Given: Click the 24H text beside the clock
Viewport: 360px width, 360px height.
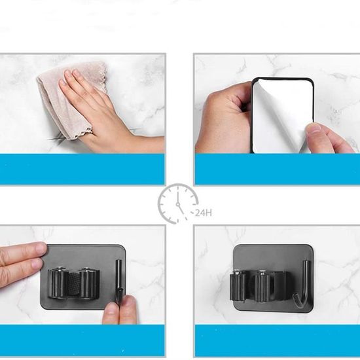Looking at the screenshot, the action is point(204,213).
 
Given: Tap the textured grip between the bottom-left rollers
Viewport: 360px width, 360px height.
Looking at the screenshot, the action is point(74,284).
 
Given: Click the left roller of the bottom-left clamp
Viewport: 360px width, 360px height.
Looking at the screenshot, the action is point(58,283).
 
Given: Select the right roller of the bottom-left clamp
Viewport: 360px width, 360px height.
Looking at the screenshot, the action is point(89,283).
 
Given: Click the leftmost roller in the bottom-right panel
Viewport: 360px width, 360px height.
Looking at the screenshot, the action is point(237,285).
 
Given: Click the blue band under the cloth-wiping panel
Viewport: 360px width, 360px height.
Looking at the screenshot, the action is point(82,170).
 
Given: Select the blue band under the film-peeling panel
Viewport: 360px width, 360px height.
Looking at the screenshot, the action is point(278,170).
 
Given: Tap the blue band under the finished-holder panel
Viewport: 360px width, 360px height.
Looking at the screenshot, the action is point(278,340).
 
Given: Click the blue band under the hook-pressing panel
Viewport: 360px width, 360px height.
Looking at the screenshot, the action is point(82,340).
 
